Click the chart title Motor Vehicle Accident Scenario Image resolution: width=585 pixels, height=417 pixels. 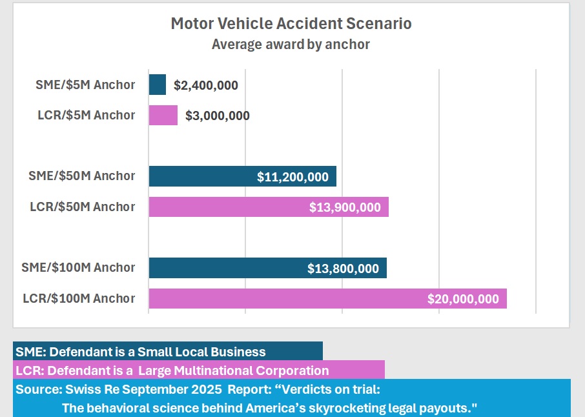(291, 24)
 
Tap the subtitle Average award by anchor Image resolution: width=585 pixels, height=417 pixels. (291, 45)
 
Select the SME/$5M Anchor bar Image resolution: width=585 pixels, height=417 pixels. (157, 85)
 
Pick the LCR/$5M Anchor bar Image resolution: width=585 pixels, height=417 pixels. (163, 115)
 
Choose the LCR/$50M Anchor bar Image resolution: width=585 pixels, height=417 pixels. (226, 207)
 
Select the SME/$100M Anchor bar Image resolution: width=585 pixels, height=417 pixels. (226, 268)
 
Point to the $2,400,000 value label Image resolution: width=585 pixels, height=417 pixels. (206, 85)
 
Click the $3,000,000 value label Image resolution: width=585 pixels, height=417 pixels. (218, 116)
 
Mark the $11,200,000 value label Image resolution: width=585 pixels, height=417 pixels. (292, 177)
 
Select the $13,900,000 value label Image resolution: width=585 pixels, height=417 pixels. (345, 207)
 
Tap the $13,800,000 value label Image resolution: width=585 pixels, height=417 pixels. (343, 269)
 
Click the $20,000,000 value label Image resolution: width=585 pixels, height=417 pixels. (463, 299)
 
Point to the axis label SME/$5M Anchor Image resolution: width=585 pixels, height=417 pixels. (86, 85)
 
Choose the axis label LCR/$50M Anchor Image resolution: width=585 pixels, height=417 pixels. (83, 207)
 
